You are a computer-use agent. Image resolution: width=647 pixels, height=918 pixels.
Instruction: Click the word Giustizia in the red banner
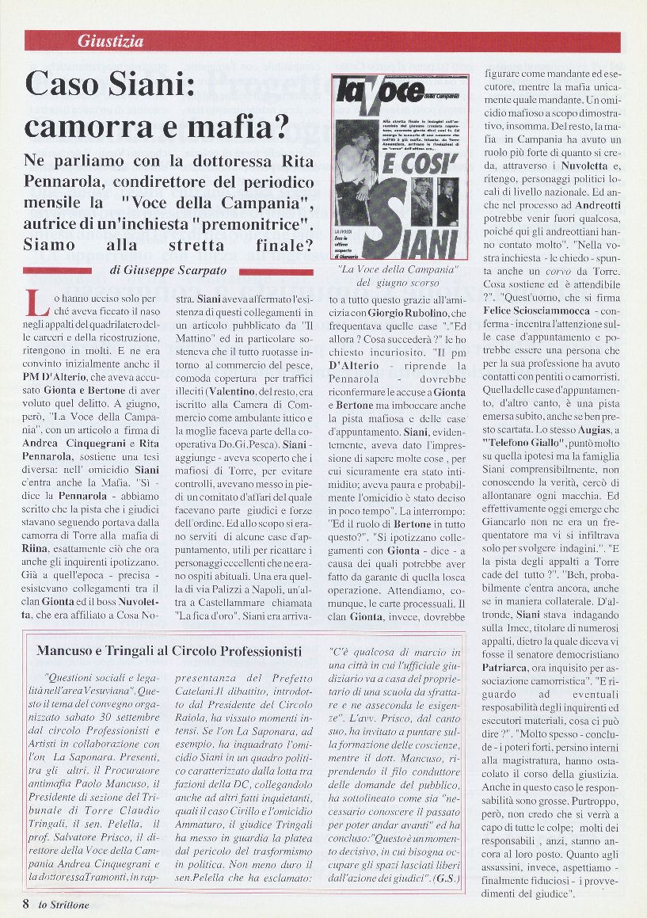tap(110, 40)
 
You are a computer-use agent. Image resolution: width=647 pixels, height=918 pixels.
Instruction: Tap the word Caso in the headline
tap(66, 83)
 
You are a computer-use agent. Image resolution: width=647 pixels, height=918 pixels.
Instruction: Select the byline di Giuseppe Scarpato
tap(165, 270)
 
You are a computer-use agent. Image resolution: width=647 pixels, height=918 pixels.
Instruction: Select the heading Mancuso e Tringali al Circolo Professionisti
tap(169, 650)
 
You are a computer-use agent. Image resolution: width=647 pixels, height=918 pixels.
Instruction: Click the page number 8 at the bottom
tap(26, 904)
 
